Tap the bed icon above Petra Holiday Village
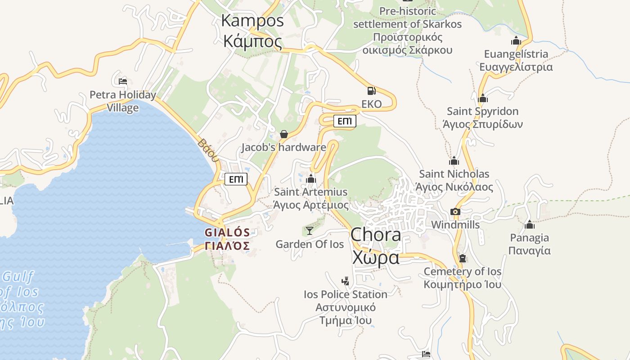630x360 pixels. [123, 81]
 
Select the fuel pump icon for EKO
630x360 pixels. [371, 91]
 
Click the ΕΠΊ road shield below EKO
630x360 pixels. [345, 121]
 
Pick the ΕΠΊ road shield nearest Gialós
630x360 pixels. [236, 180]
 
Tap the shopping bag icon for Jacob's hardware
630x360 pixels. [284, 134]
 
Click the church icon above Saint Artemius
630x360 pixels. [311, 179]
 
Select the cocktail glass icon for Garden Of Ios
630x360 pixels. [310, 231]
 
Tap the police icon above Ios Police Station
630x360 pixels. [345, 281]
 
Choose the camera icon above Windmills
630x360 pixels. [455, 211]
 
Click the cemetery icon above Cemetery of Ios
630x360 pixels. [462, 258]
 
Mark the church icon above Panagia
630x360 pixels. [530, 224]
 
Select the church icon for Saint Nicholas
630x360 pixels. [454, 161]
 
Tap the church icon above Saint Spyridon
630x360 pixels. [483, 98]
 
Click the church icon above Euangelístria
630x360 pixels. [516, 40]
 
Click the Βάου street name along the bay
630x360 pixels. [208, 150]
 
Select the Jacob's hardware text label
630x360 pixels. [283, 147]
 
